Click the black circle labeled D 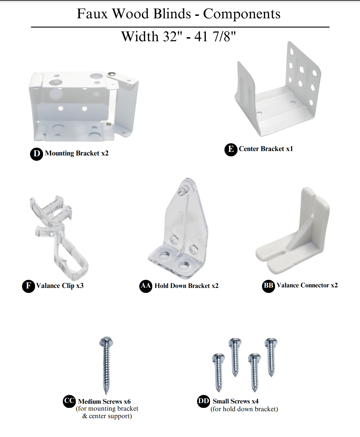[36, 154]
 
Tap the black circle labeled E [231, 150]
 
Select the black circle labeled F [28, 286]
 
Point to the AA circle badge [146, 286]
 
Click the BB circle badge [268, 286]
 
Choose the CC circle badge [69, 401]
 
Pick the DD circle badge [203, 401]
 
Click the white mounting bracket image [83, 106]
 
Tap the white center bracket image [278, 89]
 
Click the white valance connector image [292, 231]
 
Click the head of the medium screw [106, 341]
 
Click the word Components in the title [242, 14]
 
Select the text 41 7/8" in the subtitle [215, 36]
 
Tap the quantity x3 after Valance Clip [80, 285]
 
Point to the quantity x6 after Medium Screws [127, 401]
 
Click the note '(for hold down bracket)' [244, 409]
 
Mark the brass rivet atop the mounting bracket [112, 74]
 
